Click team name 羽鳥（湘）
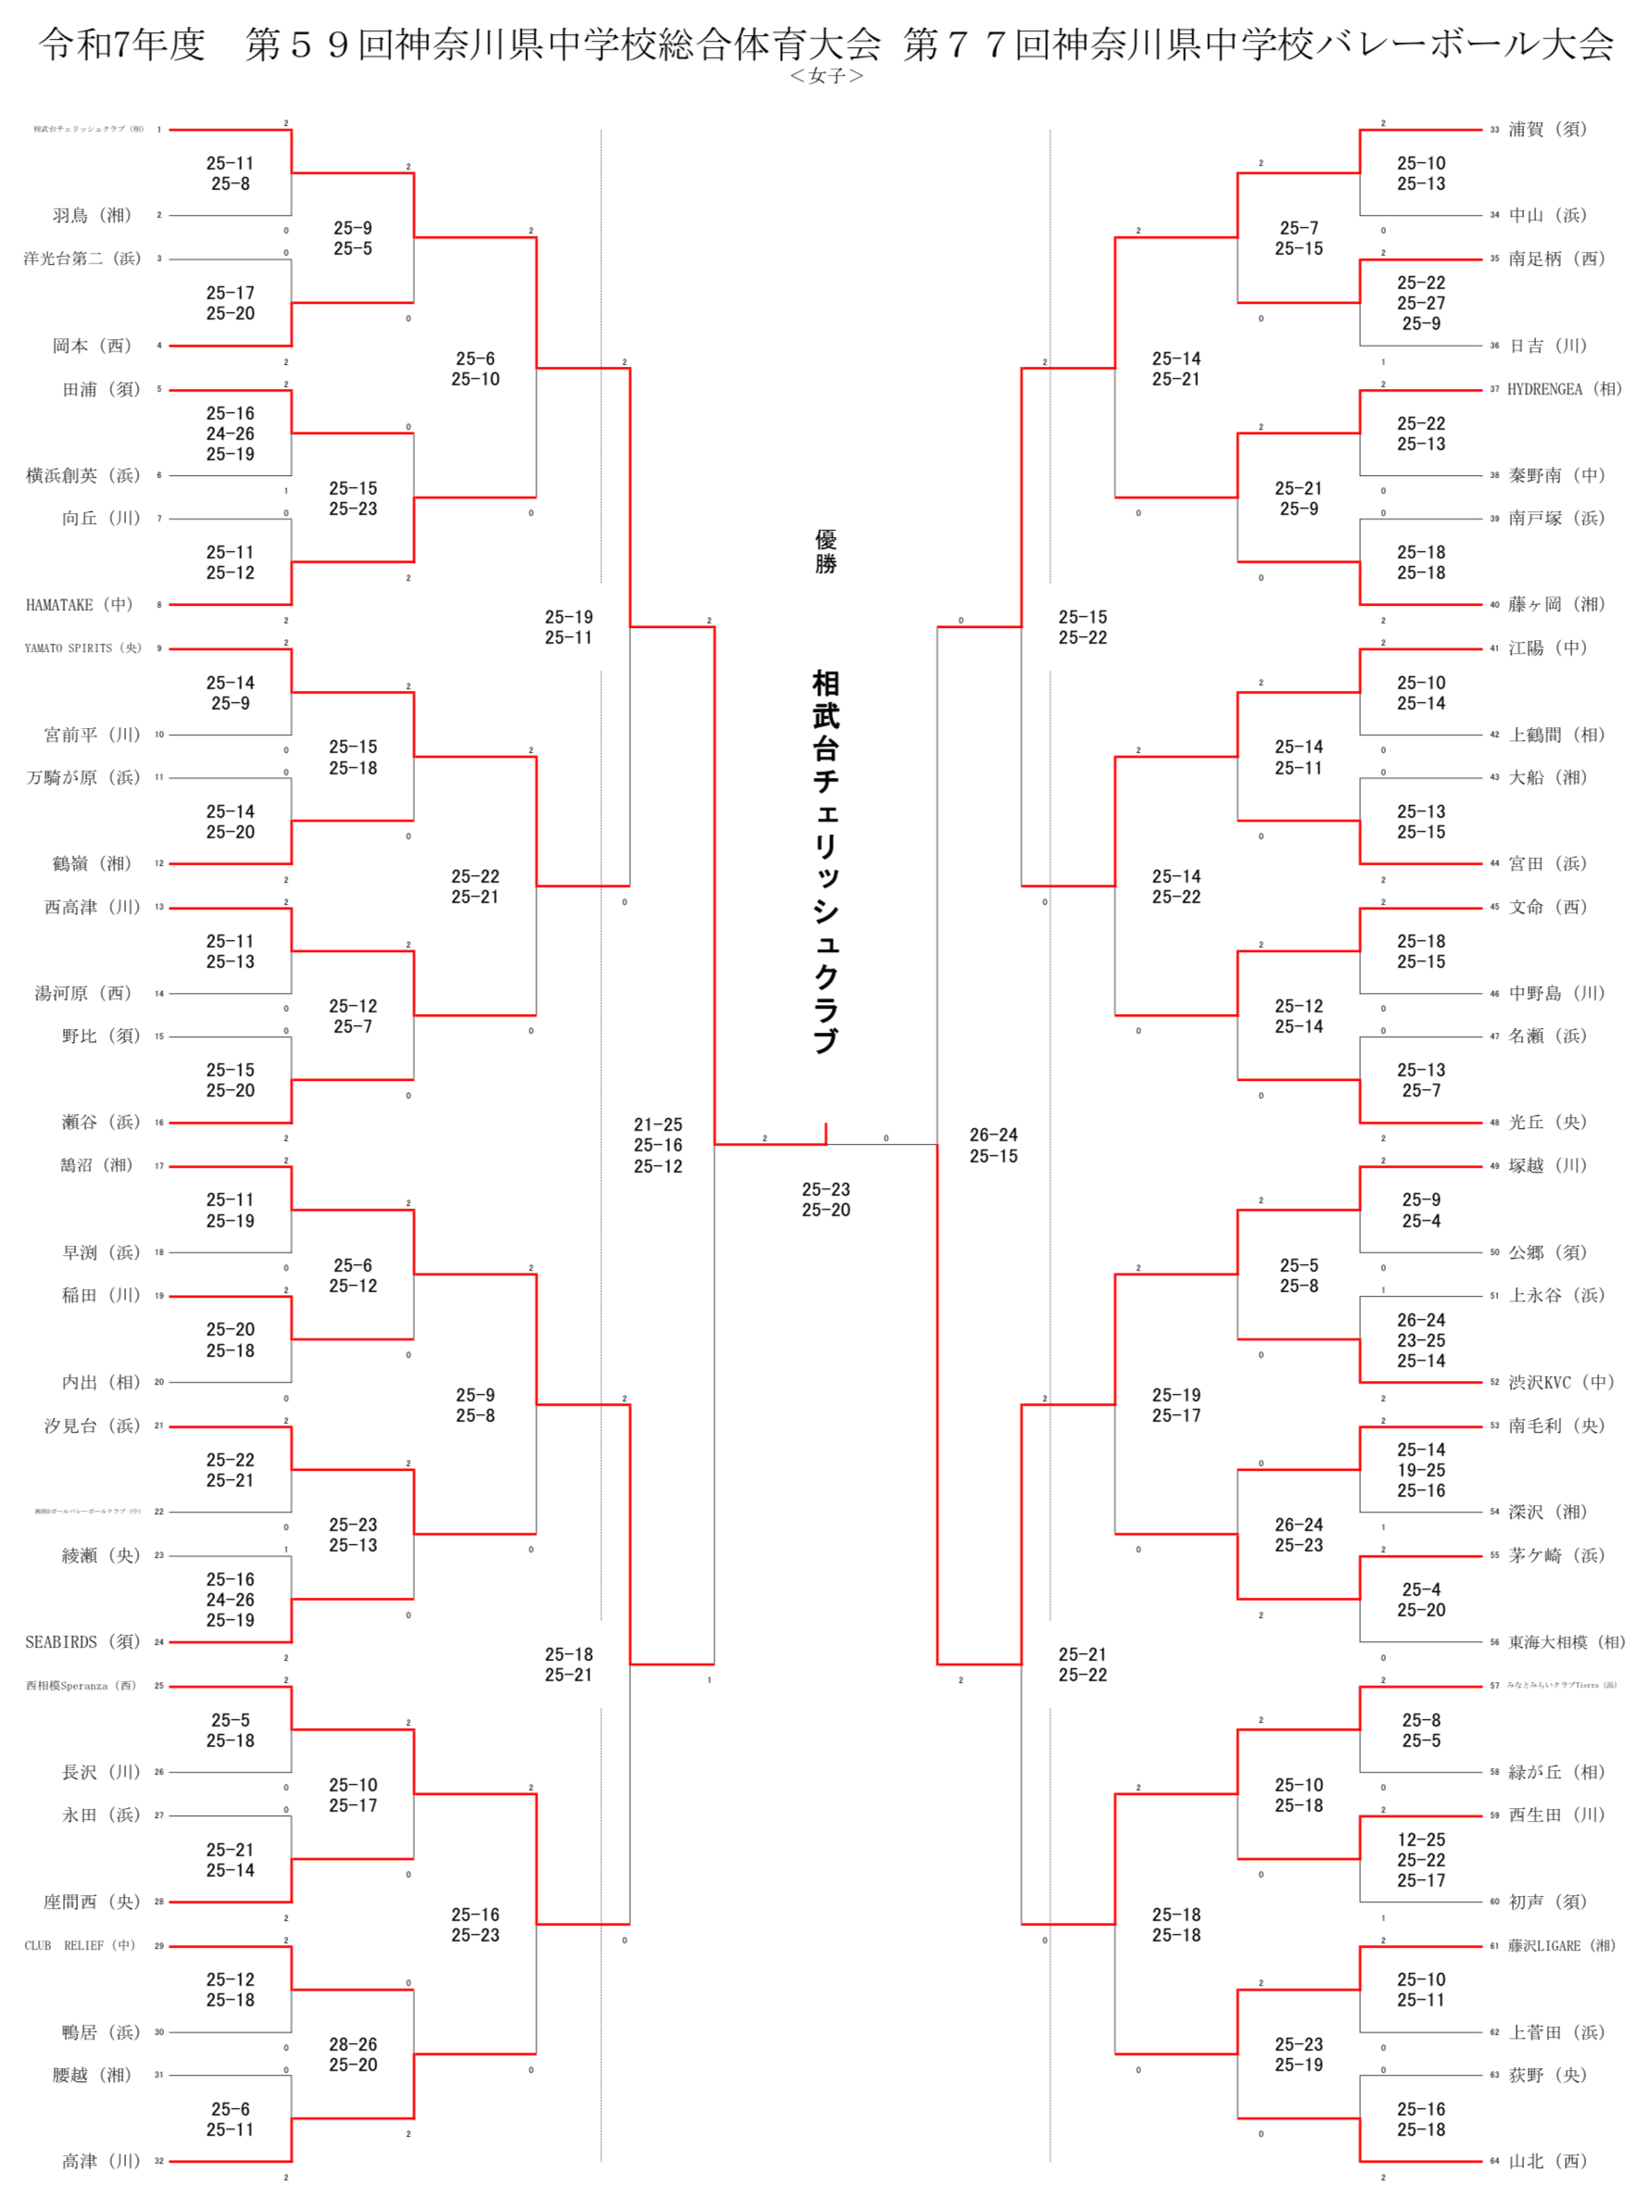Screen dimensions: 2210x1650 point(92,216)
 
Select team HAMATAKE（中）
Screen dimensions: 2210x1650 point(79,605)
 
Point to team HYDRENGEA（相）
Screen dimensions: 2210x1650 point(1564,389)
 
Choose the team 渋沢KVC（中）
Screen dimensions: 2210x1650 point(1561,1382)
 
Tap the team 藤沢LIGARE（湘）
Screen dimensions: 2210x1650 point(1561,1945)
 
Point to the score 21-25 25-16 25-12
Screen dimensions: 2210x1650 point(658,1146)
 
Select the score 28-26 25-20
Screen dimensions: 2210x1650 point(354,2054)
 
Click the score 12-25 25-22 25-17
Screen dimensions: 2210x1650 point(1421,1860)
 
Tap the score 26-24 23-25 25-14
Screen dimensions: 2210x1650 point(1421,1340)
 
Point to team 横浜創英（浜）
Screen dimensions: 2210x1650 point(82,475)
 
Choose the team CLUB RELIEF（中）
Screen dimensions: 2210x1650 point(80,1945)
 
